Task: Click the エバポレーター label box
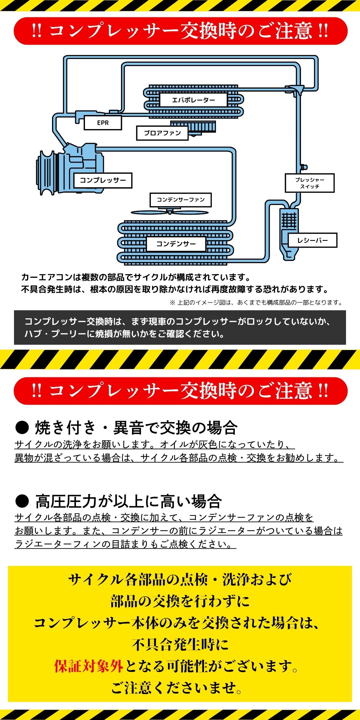[193, 100]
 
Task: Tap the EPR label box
[103, 123]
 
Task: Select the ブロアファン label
[162, 133]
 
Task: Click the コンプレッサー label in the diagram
[103, 180]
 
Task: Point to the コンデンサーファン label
[181, 200]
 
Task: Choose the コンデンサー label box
[176, 244]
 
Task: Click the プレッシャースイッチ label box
[310, 183]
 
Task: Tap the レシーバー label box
[312, 240]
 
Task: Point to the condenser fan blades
[170, 212]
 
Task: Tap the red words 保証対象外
[89, 666]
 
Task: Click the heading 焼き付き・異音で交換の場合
[136, 428]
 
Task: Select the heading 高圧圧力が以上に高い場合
[129, 501]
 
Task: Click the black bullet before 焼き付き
[22, 428]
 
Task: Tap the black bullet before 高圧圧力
[22, 501]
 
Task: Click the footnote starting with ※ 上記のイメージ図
[256, 303]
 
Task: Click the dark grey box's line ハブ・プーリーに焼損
[124, 334]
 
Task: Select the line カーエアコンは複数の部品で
[136, 277]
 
